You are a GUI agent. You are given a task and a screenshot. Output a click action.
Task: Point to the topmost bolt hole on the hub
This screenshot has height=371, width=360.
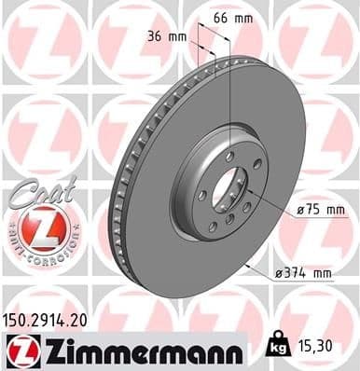tap(228, 156)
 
